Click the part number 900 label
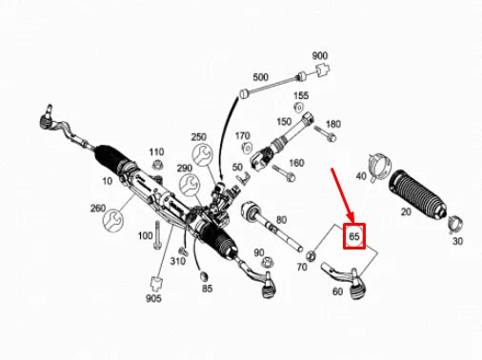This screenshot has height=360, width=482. (319, 56)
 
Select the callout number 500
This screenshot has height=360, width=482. (260, 76)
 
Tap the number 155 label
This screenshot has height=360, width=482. (301, 96)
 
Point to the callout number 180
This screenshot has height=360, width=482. (332, 125)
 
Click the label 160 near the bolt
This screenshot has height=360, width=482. (296, 163)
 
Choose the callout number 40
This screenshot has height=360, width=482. (361, 176)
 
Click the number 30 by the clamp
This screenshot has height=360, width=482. (457, 242)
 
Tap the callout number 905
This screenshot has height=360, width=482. (153, 297)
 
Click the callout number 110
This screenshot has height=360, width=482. (156, 152)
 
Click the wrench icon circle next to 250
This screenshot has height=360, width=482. (201, 156)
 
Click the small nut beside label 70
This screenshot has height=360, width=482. (313, 254)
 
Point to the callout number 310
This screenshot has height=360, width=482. (178, 260)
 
